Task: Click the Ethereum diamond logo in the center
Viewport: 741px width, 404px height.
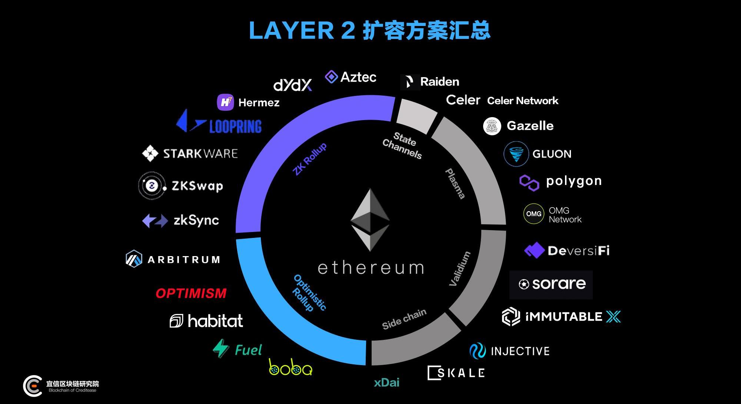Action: point(370,219)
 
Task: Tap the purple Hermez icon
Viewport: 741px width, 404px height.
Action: point(225,102)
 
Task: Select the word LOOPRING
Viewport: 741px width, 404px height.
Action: point(235,126)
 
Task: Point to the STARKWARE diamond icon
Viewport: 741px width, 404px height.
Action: point(150,153)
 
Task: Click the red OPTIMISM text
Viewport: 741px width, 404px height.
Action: point(191,293)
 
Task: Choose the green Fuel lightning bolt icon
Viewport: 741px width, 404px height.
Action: point(221,348)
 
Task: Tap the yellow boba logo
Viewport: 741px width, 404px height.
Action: point(290,367)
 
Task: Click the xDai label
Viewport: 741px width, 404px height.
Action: point(386,383)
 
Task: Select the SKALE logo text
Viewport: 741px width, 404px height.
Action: point(456,373)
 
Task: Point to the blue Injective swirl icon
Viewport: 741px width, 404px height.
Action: point(477,351)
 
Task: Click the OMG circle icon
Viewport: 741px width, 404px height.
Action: point(534,214)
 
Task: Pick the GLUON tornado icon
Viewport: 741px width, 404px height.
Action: point(516,154)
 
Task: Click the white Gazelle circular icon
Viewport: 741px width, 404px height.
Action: point(492,126)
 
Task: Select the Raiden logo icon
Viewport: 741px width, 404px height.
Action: point(409,82)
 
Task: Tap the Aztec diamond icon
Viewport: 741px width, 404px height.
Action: point(331,77)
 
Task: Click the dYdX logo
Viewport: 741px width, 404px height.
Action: point(292,85)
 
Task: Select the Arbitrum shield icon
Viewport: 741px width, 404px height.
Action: point(134,259)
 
